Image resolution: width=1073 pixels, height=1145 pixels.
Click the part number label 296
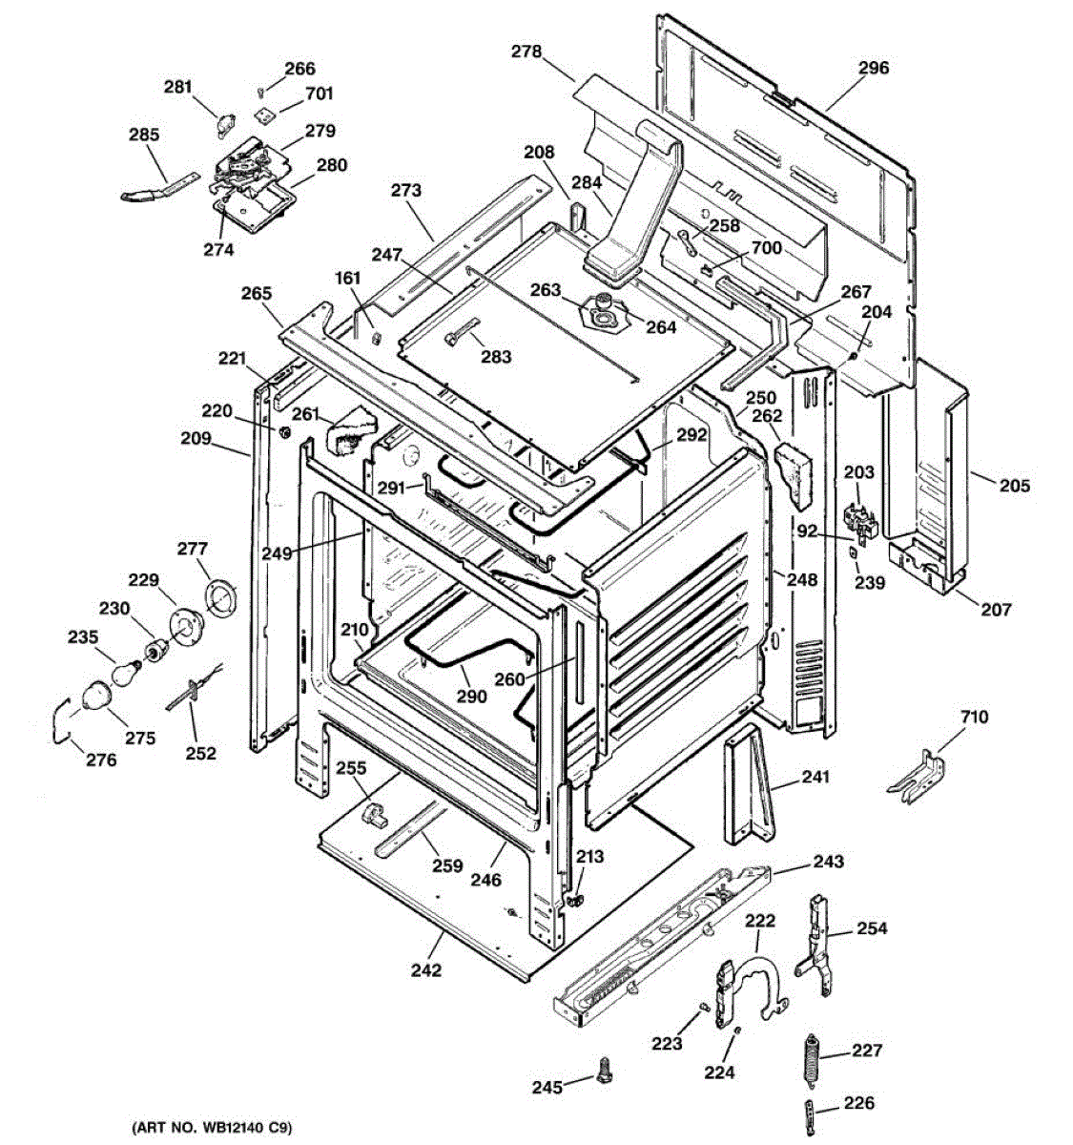click(873, 68)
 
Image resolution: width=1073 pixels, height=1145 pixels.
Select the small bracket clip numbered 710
click(916, 775)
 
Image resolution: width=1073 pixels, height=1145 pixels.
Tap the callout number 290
click(470, 696)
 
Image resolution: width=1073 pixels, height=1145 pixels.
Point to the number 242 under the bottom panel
click(426, 970)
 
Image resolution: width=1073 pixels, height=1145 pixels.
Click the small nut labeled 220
click(284, 433)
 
